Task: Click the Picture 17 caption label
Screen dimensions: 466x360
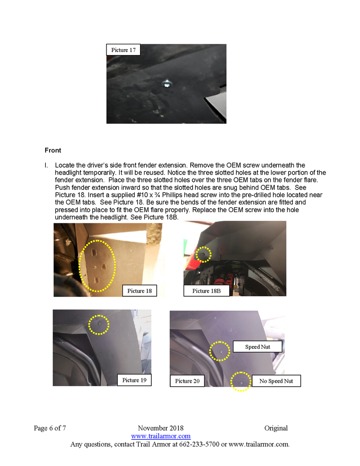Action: (124, 50)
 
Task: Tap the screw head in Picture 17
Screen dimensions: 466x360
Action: (167, 84)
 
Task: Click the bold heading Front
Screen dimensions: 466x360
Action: (53, 150)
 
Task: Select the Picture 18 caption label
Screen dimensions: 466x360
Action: (140, 291)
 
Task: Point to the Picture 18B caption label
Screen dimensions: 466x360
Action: (206, 291)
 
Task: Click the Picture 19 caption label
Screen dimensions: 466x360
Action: (134, 380)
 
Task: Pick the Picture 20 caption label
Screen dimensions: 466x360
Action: (187, 381)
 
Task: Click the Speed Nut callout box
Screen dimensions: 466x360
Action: (258, 347)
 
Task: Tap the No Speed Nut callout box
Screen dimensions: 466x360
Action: (276, 381)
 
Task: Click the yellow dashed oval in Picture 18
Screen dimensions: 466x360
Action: (97, 266)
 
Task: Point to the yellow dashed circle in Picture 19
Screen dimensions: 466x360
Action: (99, 324)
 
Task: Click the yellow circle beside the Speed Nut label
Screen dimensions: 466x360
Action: (220, 350)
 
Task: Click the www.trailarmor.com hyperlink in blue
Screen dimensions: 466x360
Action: (161, 436)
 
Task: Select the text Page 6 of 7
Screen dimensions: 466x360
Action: (50, 429)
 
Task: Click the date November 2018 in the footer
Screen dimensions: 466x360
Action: (161, 429)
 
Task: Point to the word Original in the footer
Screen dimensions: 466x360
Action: (276, 429)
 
